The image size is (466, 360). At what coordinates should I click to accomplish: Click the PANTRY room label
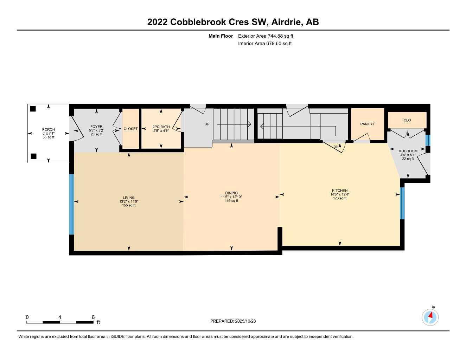pyautogui.click(x=367, y=124)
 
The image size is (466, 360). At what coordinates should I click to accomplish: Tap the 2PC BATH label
pyautogui.click(x=161, y=127)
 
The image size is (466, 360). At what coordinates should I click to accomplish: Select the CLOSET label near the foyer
pyautogui.click(x=130, y=129)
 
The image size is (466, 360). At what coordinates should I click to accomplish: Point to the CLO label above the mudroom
pyautogui.click(x=407, y=120)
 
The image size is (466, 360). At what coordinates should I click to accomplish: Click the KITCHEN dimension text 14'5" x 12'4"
pyautogui.click(x=340, y=194)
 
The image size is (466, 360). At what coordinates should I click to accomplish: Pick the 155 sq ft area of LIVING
pyautogui.click(x=129, y=205)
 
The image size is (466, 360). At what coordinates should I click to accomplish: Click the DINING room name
pyautogui.click(x=231, y=193)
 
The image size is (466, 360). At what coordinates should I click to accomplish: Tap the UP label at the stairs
pyautogui.click(x=207, y=124)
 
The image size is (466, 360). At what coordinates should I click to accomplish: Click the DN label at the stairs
pyautogui.click(x=336, y=147)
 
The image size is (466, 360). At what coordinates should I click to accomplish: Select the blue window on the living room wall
pyautogui.click(x=72, y=204)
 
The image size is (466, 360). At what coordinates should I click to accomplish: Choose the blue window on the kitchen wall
pyautogui.click(x=402, y=203)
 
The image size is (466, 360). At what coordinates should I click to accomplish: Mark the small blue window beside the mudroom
pyautogui.click(x=428, y=140)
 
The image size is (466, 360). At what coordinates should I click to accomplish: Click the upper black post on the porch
pyautogui.click(x=33, y=109)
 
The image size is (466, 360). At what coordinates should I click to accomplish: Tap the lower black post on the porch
pyautogui.click(x=34, y=156)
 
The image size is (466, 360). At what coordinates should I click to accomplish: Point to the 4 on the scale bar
pyautogui.click(x=60, y=317)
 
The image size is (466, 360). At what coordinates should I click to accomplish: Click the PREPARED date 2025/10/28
pyautogui.click(x=245, y=321)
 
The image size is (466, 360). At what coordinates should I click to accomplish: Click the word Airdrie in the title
pyautogui.click(x=287, y=22)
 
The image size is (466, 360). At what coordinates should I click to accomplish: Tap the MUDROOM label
pyautogui.click(x=408, y=151)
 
